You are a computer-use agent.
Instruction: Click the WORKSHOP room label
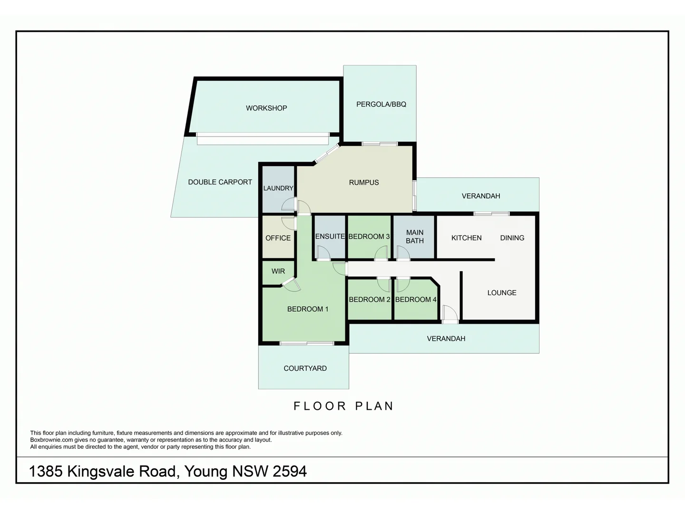click(x=266, y=108)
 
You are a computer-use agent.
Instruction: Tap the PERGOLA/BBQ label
click(x=381, y=104)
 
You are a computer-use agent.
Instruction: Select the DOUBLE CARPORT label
click(x=220, y=182)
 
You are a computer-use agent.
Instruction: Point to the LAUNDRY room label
click(x=278, y=188)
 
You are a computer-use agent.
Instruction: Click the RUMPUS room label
click(x=364, y=182)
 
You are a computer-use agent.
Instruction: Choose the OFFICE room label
click(x=278, y=238)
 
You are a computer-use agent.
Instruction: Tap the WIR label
click(x=278, y=271)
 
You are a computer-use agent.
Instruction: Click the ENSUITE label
click(x=330, y=236)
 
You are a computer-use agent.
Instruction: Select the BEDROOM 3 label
click(x=369, y=237)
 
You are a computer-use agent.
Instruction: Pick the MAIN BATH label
click(x=414, y=237)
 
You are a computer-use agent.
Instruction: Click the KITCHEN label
click(x=466, y=237)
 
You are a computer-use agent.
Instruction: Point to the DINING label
click(x=512, y=237)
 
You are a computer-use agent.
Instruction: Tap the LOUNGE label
click(x=501, y=293)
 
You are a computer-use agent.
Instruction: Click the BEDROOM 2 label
click(x=370, y=299)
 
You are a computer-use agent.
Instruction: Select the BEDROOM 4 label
click(x=416, y=299)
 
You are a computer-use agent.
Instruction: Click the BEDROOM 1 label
click(x=308, y=309)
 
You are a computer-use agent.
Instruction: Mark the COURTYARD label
click(x=305, y=368)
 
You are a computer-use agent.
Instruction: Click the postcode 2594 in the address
click(x=289, y=471)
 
